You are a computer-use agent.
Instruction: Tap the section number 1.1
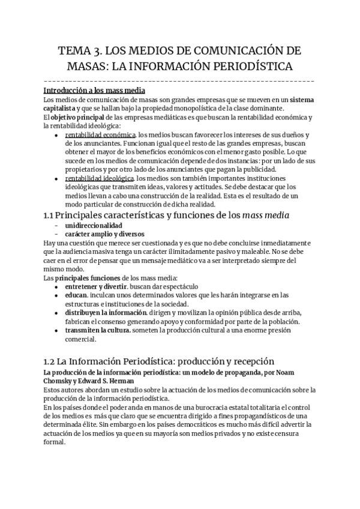coord(52,215)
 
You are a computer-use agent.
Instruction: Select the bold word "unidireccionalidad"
coord(96,225)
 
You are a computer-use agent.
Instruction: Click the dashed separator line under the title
coord(179,80)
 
